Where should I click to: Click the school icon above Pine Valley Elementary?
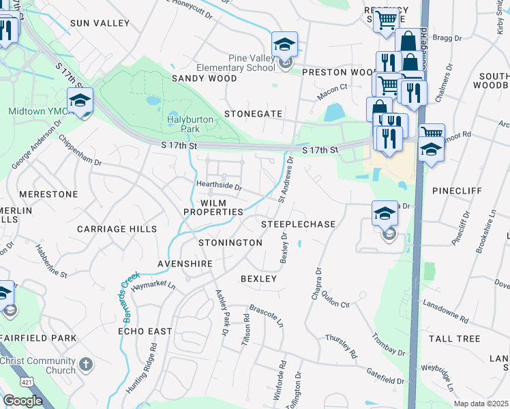click(284, 45)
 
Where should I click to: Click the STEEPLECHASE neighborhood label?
click(299, 224)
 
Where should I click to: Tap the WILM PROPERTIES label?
click(213, 208)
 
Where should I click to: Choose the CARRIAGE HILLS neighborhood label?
click(117, 229)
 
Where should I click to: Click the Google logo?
click(22, 401)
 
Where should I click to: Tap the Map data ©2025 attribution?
click(481, 404)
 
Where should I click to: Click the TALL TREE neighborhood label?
click(455, 339)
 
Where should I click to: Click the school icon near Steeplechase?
click(385, 214)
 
